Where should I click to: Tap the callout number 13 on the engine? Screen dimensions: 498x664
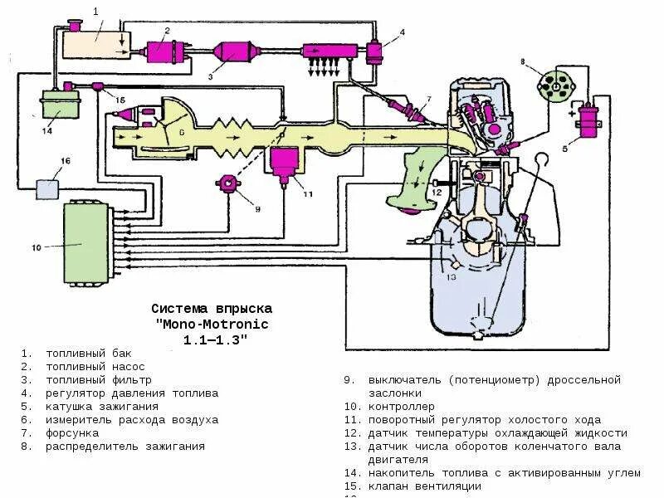pyautogui.click(x=452, y=279)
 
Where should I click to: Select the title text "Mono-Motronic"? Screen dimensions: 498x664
pyautogui.click(x=212, y=324)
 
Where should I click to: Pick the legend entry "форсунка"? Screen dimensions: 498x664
pyautogui.click(x=72, y=433)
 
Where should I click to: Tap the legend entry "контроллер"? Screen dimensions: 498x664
pyautogui.click(x=401, y=407)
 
